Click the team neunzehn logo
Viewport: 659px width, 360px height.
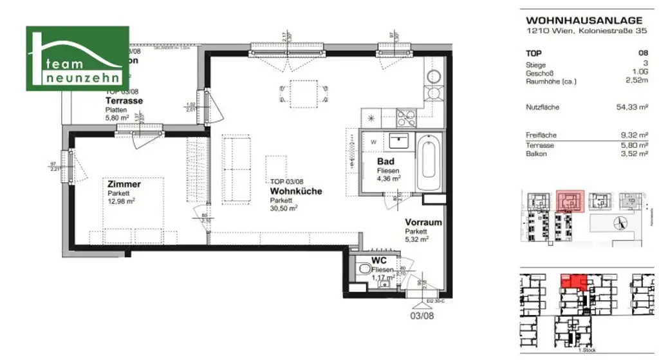[x=77, y=59]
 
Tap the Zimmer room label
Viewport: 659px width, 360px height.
[x=124, y=184]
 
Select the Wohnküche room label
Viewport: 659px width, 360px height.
[x=296, y=191]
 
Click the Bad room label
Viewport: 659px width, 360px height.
[x=385, y=161]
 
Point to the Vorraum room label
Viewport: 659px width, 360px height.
[x=423, y=222]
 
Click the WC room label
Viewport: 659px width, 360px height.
[x=379, y=261]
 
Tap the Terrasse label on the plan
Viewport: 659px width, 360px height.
[x=124, y=101]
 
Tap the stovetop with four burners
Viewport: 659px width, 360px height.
[x=406, y=118]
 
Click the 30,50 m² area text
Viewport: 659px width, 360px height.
[x=284, y=208]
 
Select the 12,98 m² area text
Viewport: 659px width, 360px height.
[x=121, y=200]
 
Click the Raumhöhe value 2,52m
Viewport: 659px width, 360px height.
[x=635, y=81]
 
